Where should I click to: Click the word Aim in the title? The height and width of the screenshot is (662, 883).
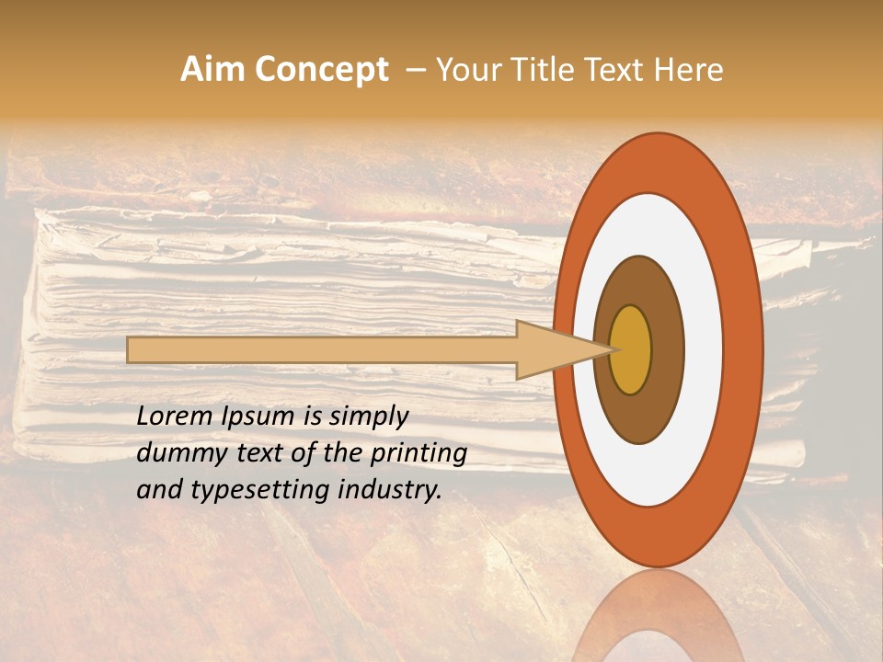pyautogui.click(x=212, y=70)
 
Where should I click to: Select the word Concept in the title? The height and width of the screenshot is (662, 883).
pyautogui.click(x=321, y=71)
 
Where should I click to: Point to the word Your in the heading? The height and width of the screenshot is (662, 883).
pyautogui.click(x=466, y=70)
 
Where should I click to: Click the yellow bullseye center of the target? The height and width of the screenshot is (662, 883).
pyautogui.click(x=631, y=349)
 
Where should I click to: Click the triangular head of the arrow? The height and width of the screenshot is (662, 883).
pyautogui.click(x=552, y=349)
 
